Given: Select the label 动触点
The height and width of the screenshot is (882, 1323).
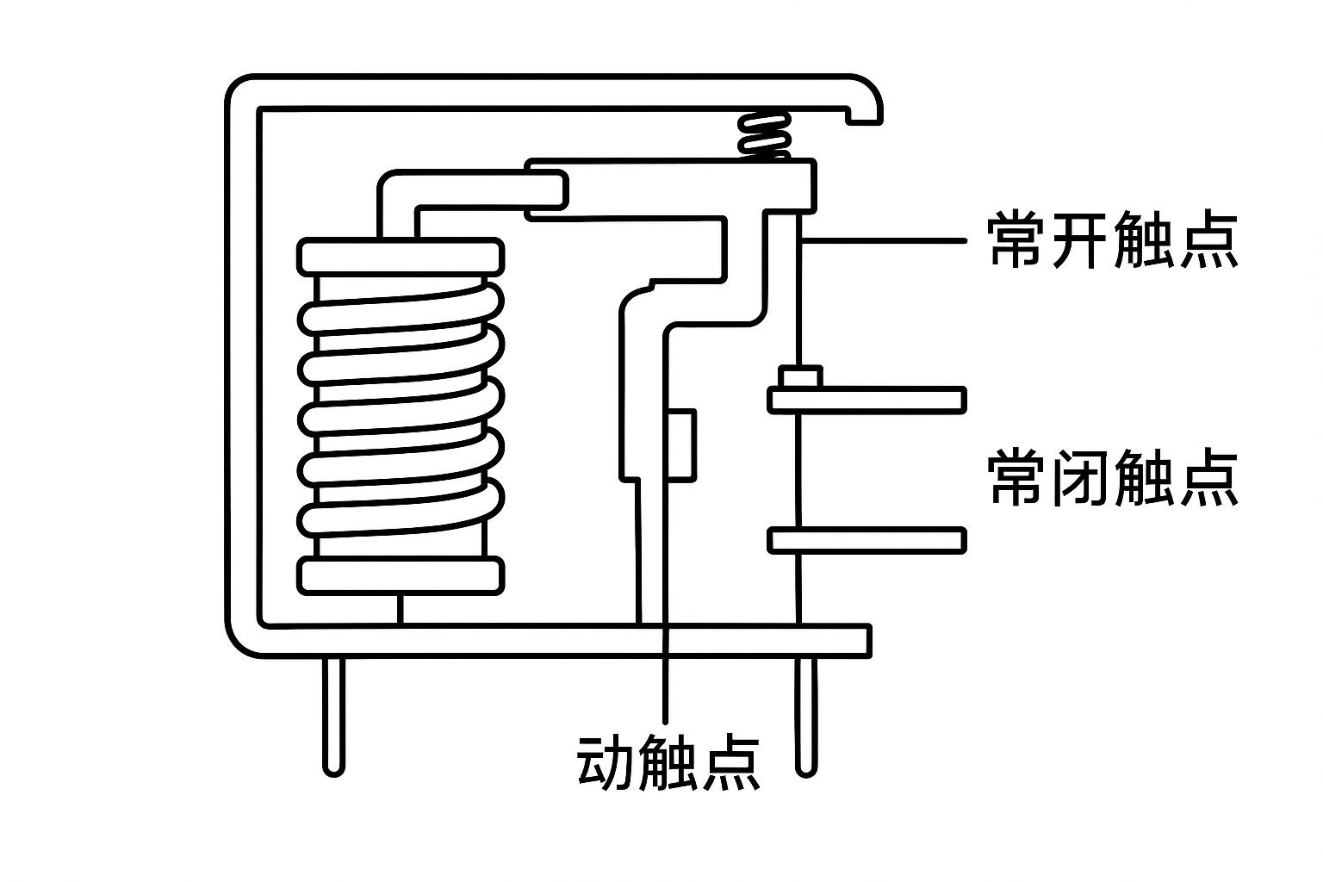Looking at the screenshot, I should [x=668, y=762].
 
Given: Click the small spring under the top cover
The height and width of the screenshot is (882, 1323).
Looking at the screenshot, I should [x=765, y=136].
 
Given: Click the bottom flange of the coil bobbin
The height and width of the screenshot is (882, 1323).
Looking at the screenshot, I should [x=401, y=575].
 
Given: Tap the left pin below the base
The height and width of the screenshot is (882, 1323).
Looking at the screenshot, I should [x=334, y=715].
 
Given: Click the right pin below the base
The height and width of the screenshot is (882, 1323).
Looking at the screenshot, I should [x=806, y=715].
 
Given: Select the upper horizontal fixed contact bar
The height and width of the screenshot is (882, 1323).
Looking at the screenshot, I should [x=866, y=400].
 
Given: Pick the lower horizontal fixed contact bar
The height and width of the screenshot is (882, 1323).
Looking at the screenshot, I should [x=866, y=540].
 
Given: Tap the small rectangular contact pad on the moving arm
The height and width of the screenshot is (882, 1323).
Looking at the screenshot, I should [x=682, y=444].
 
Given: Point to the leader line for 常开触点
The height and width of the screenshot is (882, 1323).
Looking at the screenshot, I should [x=887, y=240].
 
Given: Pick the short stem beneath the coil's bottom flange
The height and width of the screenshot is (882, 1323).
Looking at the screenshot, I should [x=401, y=609].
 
